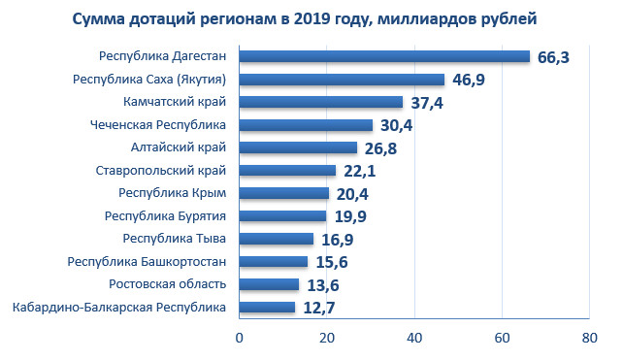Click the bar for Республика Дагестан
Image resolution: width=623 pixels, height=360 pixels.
(x=384, y=56)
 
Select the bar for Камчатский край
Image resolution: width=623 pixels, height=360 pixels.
(x=321, y=102)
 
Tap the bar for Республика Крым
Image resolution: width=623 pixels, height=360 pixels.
(x=284, y=193)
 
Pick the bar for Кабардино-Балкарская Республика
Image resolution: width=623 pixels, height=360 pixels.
(x=267, y=308)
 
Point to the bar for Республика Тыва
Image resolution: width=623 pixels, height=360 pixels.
(x=277, y=239)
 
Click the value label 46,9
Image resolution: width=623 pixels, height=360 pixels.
(x=469, y=80)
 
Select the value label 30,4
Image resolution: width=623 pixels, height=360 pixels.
(x=397, y=125)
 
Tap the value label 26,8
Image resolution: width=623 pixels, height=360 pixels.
(x=380, y=148)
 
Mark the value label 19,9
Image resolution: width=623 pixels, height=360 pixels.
(x=350, y=216)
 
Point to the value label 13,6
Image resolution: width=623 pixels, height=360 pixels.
(x=323, y=285)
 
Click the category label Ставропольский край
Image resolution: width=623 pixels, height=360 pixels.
(x=161, y=171)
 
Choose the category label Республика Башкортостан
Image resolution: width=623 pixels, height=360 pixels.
(x=147, y=262)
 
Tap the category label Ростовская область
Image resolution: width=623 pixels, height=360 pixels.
(x=168, y=284)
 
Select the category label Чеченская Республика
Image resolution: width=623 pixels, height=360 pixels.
(x=158, y=125)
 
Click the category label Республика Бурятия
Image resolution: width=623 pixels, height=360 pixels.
(x=165, y=216)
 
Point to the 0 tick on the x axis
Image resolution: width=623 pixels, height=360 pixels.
(x=239, y=338)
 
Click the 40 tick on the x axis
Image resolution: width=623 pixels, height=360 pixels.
(x=414, y=338)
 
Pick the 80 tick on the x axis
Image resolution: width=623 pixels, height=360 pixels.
(x=590, y=338)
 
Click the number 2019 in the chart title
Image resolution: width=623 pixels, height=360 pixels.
(x=312, y=18)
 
